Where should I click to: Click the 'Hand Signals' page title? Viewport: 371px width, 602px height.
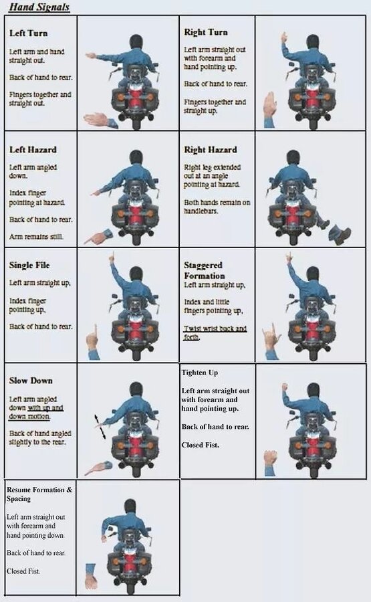[39, 7]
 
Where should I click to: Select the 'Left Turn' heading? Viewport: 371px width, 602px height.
[28, 33]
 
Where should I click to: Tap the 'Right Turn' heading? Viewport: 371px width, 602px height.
[206, 32]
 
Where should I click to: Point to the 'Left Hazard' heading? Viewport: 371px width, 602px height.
[33, 150]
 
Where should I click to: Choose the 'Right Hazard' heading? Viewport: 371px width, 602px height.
[211, 150]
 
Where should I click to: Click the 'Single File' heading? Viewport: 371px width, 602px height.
[29, 266]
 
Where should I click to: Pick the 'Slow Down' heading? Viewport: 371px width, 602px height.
[31, 381]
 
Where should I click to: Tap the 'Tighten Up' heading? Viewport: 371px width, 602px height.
[199, 373]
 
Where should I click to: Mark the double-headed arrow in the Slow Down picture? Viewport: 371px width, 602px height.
[100, 427]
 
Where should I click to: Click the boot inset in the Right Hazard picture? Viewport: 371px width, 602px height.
[340, 234]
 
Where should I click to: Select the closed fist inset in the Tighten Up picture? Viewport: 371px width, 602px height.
[270, 463]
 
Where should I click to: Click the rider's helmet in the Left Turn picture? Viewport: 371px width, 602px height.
[136, 42]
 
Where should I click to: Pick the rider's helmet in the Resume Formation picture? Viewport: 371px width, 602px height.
[130, 507]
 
